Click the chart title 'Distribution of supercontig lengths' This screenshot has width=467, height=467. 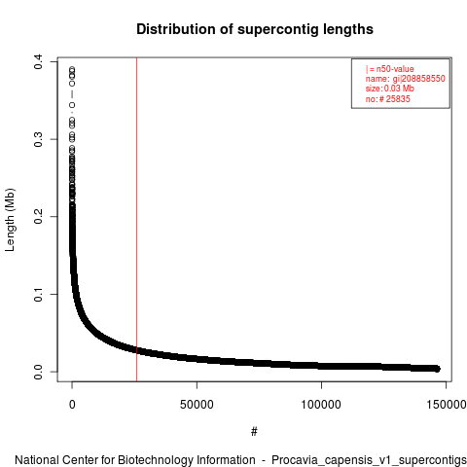pos(255,29)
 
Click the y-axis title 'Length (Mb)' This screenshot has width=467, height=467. pos(10,220)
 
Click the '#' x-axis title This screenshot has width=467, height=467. pos(254,432)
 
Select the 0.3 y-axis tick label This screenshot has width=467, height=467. pos(38,139)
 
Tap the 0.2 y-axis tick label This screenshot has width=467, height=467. pos(38,217)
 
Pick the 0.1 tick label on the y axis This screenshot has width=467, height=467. pos(38,294)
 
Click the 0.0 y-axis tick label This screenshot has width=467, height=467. pos(38,372)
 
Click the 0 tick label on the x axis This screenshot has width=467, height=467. pos(72,405)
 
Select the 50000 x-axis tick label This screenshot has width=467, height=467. pos(197,405)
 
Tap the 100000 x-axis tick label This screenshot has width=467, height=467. pos(321,405)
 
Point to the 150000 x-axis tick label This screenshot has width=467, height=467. pos(447,405)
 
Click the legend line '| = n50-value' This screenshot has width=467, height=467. pos(390,69)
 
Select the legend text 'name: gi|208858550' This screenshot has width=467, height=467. pos(406,79)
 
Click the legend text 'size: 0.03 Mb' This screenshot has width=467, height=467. pos(390,89)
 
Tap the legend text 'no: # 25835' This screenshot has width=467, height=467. pos(388,98)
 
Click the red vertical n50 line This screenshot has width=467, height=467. pos(136,220)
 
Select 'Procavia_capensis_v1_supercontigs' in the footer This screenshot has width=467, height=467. pos(369,460)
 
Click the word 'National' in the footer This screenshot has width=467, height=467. pos(37,460)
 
